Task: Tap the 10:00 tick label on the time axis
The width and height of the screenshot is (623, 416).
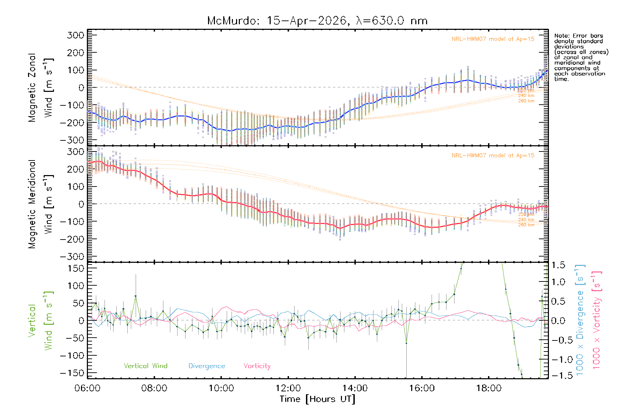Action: click(x=221, y=388)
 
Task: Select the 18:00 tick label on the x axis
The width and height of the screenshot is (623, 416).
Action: click(x=488, y=388)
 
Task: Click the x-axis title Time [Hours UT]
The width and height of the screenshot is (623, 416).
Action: click(x=317, y=399)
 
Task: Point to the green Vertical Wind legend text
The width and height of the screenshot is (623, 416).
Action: click(x=145, y=366)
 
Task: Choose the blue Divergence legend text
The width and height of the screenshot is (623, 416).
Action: click(x=207, y=366)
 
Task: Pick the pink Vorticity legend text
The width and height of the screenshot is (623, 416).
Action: click(x=257, y=366)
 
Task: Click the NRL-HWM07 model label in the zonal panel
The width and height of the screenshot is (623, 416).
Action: click(x=493, y=39)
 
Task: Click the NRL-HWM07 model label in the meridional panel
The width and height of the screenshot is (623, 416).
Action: click(x=493, y=155)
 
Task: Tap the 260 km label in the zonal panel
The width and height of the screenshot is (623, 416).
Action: click(x=526, y=101)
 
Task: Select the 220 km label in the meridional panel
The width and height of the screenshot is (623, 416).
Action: click(x=526, y=215)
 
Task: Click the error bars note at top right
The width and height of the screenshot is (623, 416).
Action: click(x=581, y=57)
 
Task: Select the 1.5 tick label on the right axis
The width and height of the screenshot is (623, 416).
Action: click(x=558, y=265)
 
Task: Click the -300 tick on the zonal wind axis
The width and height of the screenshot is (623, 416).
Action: click(x=72, y=140)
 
